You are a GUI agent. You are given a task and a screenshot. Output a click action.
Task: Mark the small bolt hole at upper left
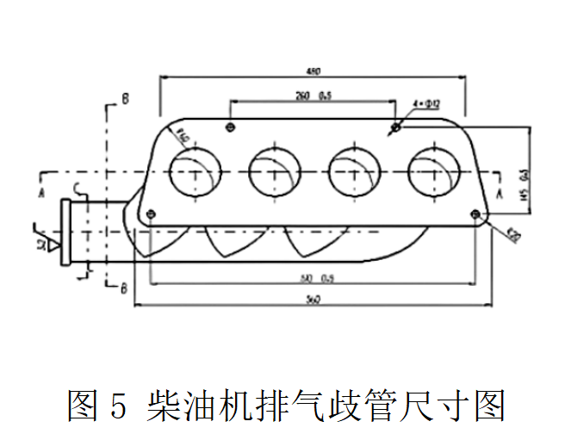230,128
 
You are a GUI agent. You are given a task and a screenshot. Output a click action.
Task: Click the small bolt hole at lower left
151,214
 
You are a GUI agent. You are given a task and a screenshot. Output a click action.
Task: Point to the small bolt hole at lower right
475,214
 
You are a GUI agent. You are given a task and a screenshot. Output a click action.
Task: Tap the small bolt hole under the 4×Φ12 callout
395,128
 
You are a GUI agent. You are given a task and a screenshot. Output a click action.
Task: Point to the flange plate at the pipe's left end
65,232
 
